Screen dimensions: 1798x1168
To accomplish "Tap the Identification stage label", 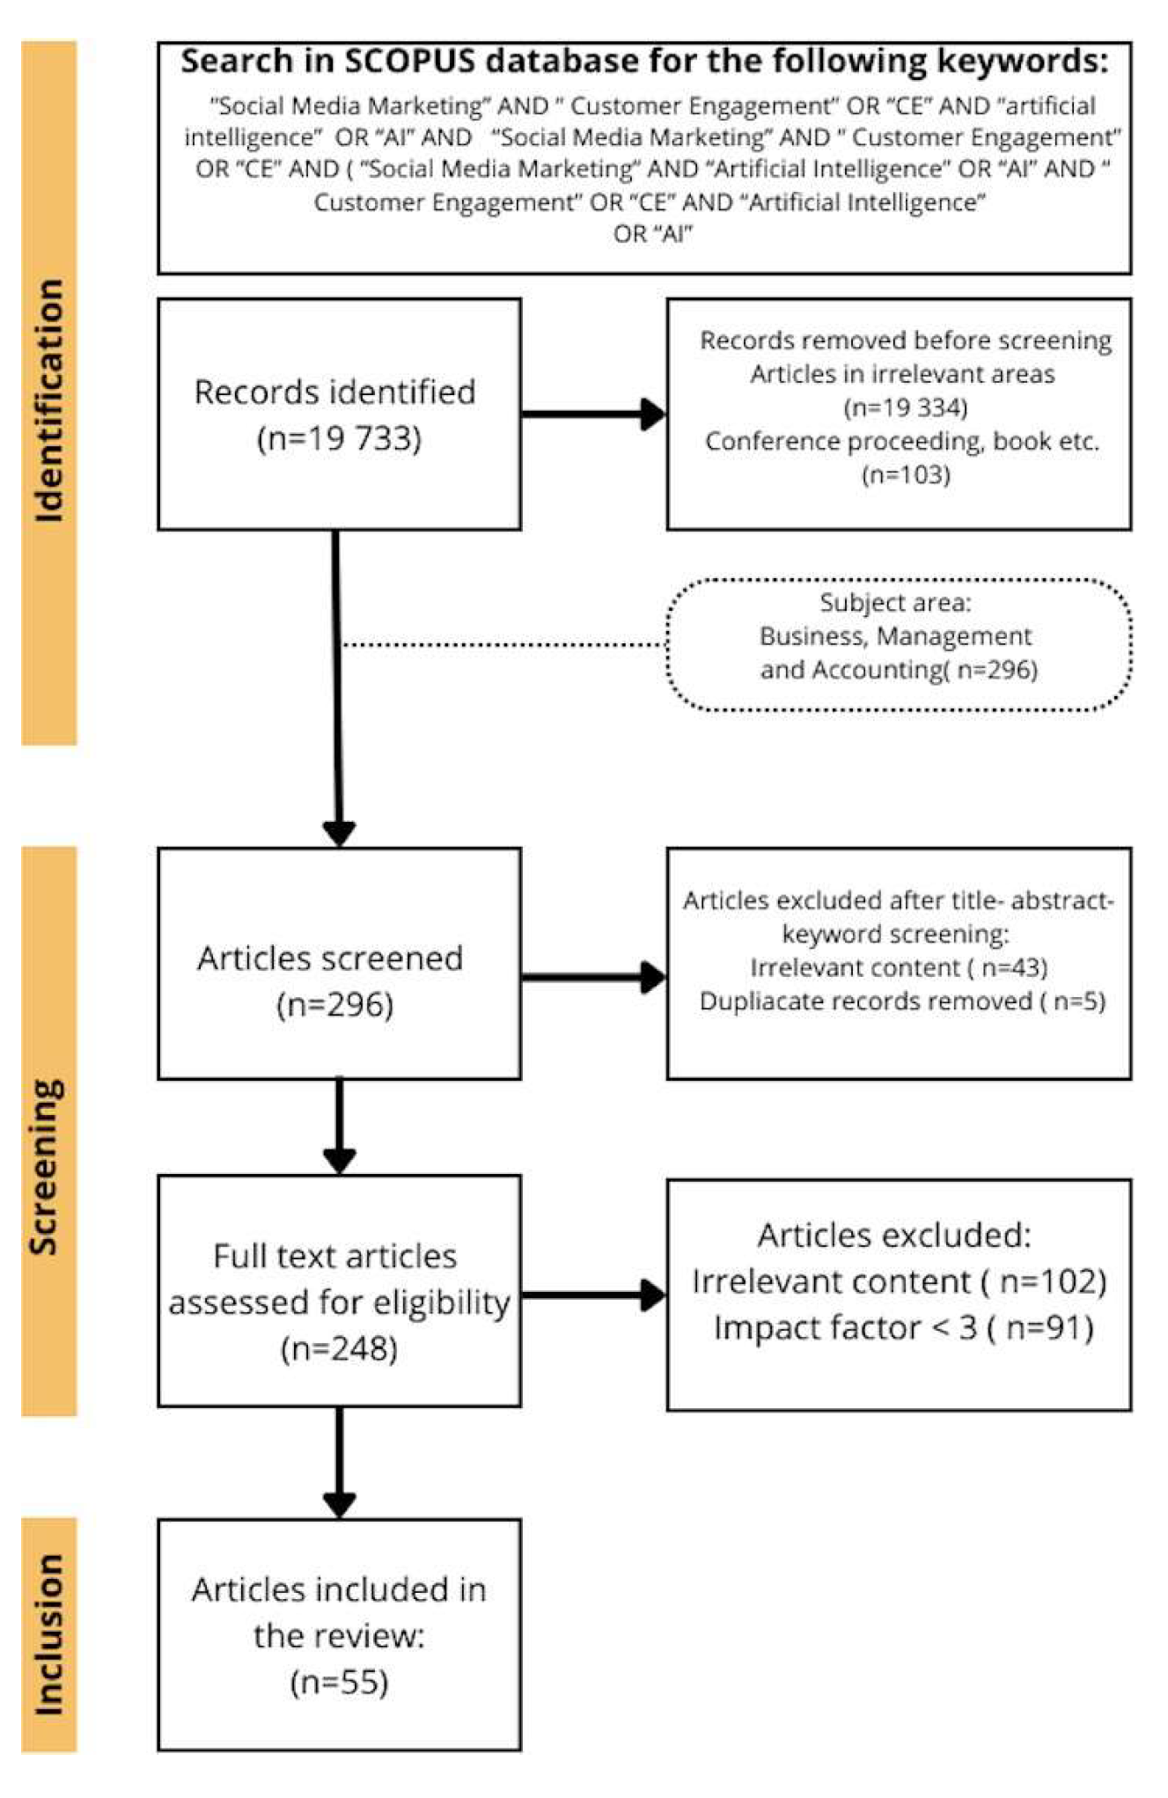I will (49, 401).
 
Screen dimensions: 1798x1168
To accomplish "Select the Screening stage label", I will (46, 1166).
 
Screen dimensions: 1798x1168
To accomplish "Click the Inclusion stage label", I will (49, 1633).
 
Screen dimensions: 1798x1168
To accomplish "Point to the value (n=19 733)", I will (339, 437).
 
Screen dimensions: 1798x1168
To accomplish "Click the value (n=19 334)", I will (905, 407).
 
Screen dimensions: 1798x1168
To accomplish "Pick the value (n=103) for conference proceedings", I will (906, 474).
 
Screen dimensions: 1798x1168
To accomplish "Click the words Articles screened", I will (330, 958).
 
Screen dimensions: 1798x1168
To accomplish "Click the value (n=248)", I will (339, 1348).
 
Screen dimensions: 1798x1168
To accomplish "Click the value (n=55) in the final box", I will (339, 1683).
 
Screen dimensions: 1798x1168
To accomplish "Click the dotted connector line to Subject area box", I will (502, 645).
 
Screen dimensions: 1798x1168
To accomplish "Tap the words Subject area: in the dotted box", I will (895, 603).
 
